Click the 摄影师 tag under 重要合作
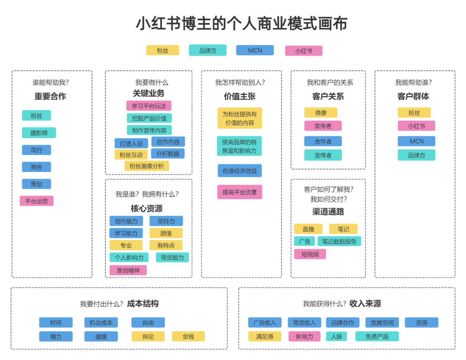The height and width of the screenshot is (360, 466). (x=39, y=133)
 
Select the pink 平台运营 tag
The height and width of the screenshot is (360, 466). (x=36, y=201)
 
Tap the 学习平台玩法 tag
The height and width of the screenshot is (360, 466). (x=148, y=106)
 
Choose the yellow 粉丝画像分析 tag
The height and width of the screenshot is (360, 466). (x=147, y=166)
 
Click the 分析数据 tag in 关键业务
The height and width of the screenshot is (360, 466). (x=167, y=153)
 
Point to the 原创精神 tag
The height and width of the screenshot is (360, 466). (x=128, y=270)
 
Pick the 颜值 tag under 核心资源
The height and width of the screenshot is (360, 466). (x=166, y=233)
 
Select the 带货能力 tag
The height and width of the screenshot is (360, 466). (x=172, y=257)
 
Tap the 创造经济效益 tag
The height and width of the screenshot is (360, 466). (x=239, y=171)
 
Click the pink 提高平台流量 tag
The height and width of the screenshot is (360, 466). (x=239, y=192)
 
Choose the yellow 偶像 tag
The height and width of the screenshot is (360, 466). (x=321, y=113)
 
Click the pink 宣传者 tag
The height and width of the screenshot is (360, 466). (x=323, y=126)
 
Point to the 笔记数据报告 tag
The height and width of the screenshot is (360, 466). (x=339, y=241)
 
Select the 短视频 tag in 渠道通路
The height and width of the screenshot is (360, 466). (x=310, y=254)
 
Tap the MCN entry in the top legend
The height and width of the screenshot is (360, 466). (x=255, y=50)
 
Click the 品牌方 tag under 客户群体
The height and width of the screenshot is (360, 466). (x=416, y=155)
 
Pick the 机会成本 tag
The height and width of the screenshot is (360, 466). (x=101, y=322)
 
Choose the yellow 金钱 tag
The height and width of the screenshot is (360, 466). (x=188, y=336)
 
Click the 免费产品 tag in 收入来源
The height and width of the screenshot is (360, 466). (x=377, y=336)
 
